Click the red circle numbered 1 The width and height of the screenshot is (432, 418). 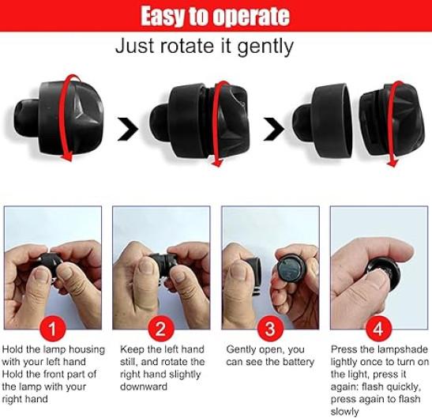click(52, 329)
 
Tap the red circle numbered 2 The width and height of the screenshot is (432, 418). click(161, 329)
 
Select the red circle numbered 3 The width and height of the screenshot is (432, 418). click(270, 329)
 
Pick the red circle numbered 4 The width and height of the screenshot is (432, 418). click(378, 329)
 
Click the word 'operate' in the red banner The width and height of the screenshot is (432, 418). click(252, 17)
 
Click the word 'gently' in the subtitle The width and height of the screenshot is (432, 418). click(265, 47)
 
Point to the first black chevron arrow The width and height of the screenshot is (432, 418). click(128, 129)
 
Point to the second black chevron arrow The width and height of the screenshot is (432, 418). click(274, 129)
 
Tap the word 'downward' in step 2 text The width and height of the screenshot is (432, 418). click(144, 386)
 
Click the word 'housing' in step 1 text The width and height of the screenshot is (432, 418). click(87, 349)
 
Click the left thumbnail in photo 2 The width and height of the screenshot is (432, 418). click(147, 268)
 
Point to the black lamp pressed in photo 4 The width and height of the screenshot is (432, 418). click(383, 273)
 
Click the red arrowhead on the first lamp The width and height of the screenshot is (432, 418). click(66, 156)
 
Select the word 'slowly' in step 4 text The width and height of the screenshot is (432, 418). click(344, 412)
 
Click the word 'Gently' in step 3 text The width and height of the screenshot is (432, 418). click(242, 350)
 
